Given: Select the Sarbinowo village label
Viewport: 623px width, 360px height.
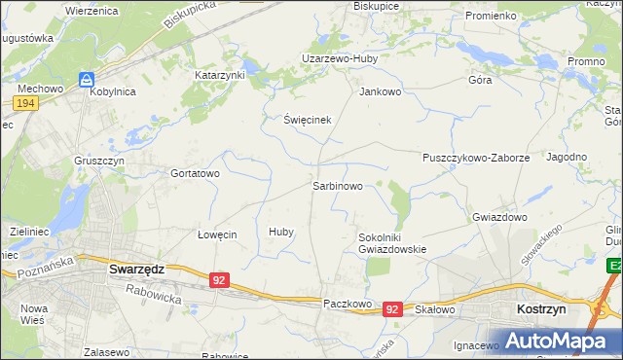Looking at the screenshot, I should (337, 185).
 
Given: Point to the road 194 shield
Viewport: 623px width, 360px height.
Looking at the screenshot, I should (26, 103).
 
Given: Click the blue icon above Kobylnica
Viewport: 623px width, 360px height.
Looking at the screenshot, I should (87, 79).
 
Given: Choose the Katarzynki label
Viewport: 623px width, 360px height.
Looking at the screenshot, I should (220, 74).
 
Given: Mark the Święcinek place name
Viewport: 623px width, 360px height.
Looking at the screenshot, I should (294, 120).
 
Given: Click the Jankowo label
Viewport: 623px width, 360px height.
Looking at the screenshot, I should (381, 92).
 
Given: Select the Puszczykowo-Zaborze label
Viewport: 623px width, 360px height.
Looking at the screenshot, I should (476, 157).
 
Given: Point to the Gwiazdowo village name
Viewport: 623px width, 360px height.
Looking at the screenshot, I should (498, 217).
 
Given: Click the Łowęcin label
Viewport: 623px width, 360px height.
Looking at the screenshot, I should (217, 234).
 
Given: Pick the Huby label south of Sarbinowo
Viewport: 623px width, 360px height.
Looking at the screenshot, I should (281, 233).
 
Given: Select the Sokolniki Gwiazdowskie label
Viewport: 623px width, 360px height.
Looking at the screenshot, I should (392, 242).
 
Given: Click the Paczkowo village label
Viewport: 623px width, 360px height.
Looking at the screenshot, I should (348, 305).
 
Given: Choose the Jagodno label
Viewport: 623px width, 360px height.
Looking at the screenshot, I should (567, 157).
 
